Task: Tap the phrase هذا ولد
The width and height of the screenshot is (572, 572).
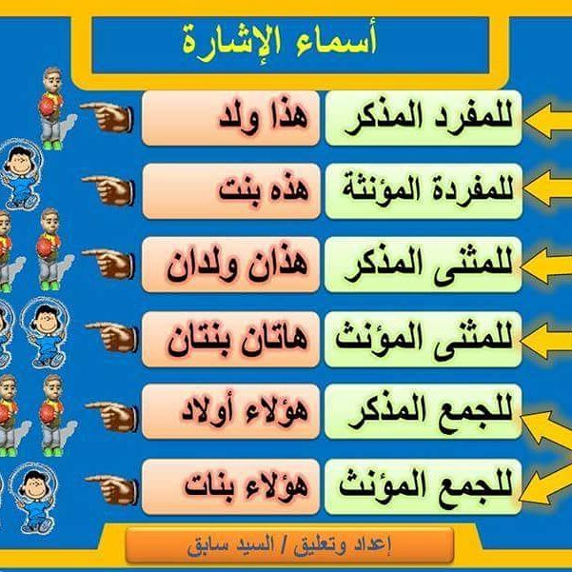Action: tap(264, 118)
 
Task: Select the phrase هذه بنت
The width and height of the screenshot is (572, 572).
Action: tap(264, 190)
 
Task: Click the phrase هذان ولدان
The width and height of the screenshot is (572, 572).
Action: tap(237, 265)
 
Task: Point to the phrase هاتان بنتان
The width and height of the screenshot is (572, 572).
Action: tap(237, 339)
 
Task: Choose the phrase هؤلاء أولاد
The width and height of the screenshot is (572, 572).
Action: tap(245, 411)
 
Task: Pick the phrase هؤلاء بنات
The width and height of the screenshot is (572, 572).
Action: tap(247, 486)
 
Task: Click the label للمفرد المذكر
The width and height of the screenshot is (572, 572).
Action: tap(428, 118)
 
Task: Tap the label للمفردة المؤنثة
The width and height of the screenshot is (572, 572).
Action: tap(427, 190)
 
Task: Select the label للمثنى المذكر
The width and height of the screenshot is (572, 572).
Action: tap(428, 265)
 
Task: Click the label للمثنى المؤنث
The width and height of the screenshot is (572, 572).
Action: tap(424, 339)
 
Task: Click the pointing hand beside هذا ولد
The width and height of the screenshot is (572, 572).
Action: tap(107, 117)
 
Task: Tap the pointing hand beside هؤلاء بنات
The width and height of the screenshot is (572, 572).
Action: tap(111, 489)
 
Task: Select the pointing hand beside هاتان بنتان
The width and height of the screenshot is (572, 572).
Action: tap(111, 337)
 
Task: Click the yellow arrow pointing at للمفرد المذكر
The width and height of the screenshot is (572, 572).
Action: tap(548, 120)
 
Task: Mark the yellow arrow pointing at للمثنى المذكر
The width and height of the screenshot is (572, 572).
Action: tap(546, 266)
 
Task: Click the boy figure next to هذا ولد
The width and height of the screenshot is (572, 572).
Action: tap(55, 108)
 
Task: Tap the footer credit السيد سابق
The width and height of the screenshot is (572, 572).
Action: tap(230, 545)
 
